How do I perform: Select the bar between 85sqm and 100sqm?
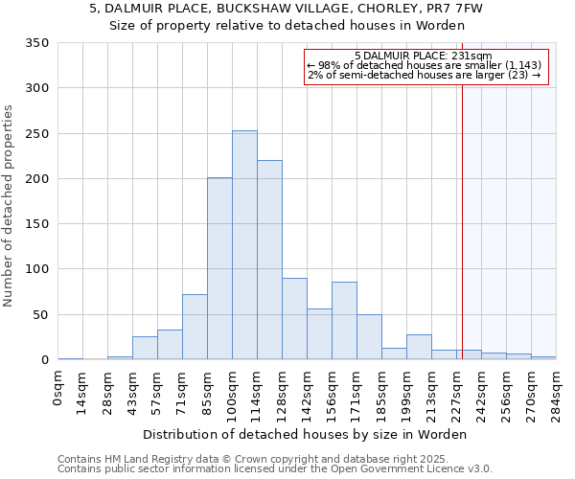[x=219, y=268]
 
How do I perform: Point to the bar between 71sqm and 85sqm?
[x=195, y=327]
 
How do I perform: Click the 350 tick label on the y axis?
[x=37, y=43]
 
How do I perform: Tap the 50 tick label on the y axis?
[x=41, y=315]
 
